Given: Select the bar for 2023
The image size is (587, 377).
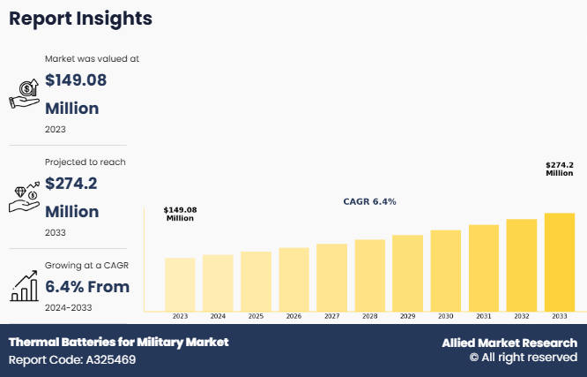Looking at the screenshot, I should tap(180, 283).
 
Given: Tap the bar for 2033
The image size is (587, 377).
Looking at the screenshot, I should tap(559, 261).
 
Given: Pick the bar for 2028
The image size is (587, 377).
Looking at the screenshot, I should tap(369, 275).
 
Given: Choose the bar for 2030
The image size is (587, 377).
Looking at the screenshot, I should tap(445, 270).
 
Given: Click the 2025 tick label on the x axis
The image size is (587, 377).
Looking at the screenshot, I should tap(256, 316).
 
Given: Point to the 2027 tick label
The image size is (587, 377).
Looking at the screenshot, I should tap(331, 316).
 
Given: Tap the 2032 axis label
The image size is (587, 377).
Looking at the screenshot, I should tap(521, 316).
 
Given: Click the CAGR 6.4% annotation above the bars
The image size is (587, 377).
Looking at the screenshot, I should tap(369, 201).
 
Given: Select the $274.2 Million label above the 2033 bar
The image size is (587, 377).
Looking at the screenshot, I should tap(559, 169).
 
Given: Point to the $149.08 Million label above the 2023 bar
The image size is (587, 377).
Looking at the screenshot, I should tap(180, 214).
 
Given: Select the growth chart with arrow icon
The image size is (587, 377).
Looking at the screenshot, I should tap(24, 285).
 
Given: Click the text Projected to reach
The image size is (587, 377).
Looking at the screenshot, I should tap(85, 162).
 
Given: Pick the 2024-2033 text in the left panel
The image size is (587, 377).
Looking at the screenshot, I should tap(69, 307).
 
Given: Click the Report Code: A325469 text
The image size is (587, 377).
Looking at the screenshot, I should tap(72, 359).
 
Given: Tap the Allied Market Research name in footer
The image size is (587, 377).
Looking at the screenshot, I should tap(509, 343).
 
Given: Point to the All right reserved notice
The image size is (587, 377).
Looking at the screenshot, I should tap(523, 358).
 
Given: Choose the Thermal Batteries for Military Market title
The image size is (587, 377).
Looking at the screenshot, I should tap(118, 342).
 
